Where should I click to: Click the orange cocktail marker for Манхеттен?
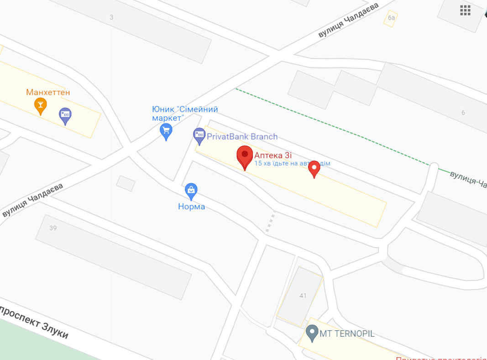[x=41, y=106]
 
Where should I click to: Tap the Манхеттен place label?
[x=48, y=93]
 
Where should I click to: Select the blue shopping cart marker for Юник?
[x=166, y=131]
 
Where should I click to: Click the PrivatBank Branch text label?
[x=242, y=137]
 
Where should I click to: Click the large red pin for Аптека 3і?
[x=245, y=156]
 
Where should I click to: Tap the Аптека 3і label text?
[x=273, y=155]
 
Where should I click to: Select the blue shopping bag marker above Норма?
[x=191, y=191]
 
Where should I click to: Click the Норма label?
[x=191, y=207]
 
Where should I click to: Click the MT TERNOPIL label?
[x=347, y=334]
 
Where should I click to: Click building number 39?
[x=53, y=228]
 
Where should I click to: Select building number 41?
[x=303, y=296]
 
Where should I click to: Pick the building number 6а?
[x=391, y=18]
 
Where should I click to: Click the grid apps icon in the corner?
[x=465, y=10]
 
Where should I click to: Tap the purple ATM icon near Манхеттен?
[x=65, y=115]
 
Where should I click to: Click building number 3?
[x=111, y=17]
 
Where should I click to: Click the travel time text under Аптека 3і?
[x=292, y=164]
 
